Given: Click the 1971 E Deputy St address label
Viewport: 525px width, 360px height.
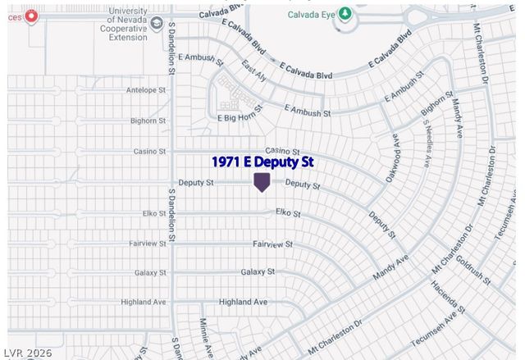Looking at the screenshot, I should pyautogui.click(x=262, y=162).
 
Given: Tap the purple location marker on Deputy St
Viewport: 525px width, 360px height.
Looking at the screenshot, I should pyautogui.click(x=262, y=181).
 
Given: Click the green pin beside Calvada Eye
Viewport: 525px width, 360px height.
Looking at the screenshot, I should pyautogui.click(x=345, y=14).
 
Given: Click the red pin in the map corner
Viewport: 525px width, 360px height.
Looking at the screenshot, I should pyautogui.click(x=31, y=16).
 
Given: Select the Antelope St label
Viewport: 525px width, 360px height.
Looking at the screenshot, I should pyautogui.click(x=146, y=90).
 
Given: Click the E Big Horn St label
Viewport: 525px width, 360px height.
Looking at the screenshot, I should pyautogui.click(x=238, y=118).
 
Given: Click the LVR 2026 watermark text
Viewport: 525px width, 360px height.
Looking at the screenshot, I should pyautogui.click(x=26, y=353).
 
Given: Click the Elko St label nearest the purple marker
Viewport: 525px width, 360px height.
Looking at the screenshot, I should pyautogui.click(x=288, y=213).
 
